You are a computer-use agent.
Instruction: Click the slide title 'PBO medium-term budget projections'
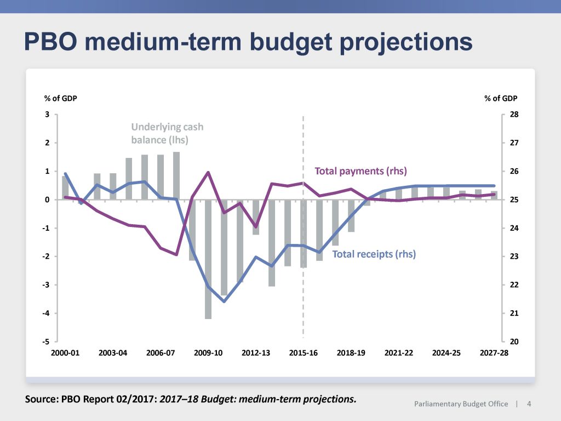248,42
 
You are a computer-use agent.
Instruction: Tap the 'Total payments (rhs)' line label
360,171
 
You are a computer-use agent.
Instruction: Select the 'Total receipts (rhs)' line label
374,254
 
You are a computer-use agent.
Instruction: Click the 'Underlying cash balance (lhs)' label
167,133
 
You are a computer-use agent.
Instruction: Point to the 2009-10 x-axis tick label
208,353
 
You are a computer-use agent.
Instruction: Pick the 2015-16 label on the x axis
304,353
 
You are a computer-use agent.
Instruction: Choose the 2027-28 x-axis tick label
494,353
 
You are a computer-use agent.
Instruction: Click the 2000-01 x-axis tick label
66,353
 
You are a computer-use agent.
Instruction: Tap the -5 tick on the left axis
46,342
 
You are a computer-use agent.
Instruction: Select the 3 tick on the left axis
47,115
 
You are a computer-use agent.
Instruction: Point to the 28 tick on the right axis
514,115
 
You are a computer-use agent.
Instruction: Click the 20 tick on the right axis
514,342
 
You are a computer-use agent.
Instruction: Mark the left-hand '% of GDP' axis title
60,99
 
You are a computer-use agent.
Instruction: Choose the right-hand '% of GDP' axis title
501,99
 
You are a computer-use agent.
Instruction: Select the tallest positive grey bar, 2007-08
176,175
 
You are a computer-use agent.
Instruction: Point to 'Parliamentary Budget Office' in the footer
461,405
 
